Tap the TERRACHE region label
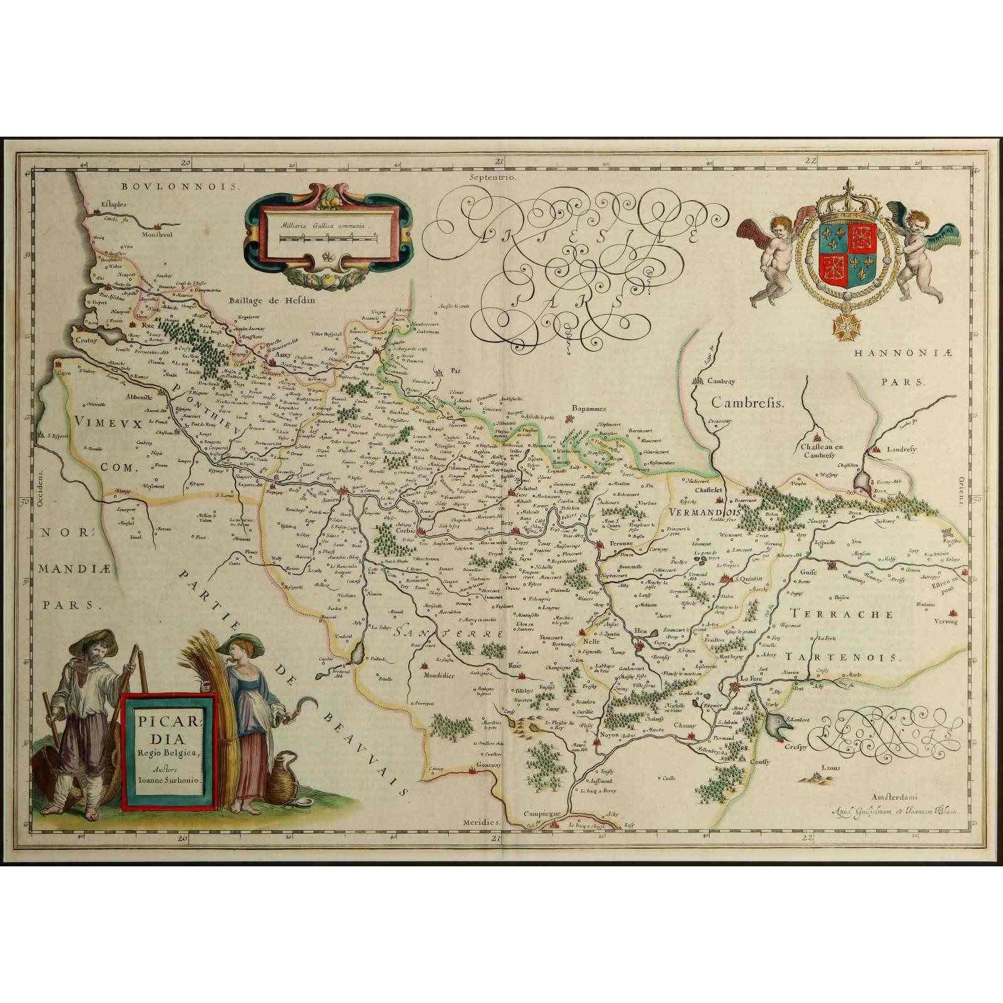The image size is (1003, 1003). tap(841, 614)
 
